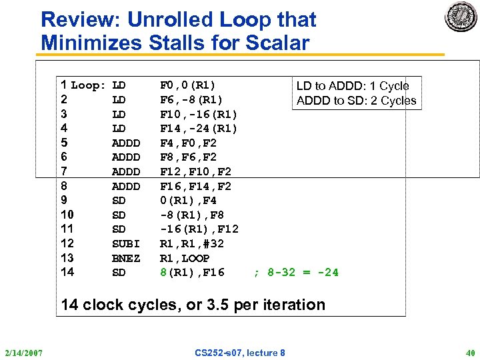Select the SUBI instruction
(x=126, y=243)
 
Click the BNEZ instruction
(x=126, y=258)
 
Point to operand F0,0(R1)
(x=187, y=85)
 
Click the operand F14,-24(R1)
(x=199, y=128)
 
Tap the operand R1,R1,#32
(x=191, y=243)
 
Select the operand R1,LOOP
(x=185, y=258)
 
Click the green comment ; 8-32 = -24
(x=296, y=272)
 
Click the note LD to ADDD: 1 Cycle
(x=353, y=86)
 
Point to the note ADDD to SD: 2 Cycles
(x=356, y=101)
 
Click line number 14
(x=67, y=271)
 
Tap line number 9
(x=63, y=200)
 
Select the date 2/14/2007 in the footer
(x=23, y=353)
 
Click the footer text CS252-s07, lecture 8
(x=240, y=353)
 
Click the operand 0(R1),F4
(x=188, y=200)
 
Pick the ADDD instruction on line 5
(x=126, y=143)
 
